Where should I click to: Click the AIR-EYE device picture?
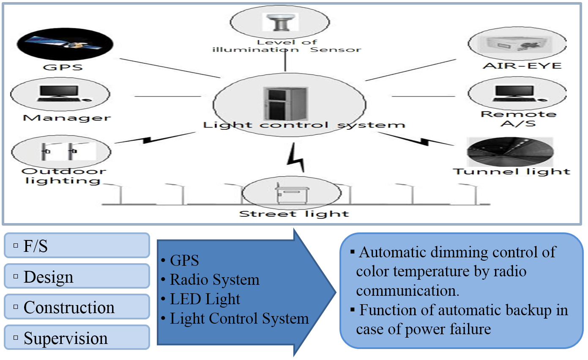click(517, 44)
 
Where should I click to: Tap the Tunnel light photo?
click(510, 153)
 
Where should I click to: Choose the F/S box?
click(77, 245)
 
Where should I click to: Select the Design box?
click(77, 276)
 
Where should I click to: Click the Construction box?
click(77, 307)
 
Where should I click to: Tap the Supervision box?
click(77, 338)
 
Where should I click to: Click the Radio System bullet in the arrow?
click(214, 279)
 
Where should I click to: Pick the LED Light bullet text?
click(205, 299)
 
